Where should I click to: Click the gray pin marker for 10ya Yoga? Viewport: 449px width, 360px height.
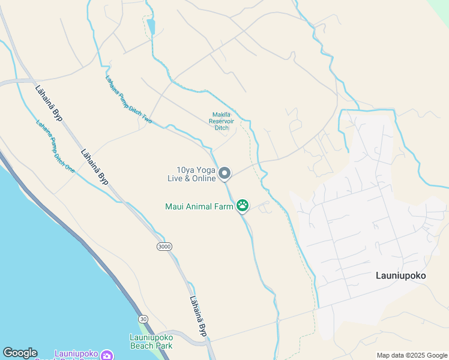(x=224, y=173)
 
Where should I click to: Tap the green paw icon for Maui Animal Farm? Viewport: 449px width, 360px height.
(x=243, y=206)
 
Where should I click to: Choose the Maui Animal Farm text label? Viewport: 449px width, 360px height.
(x=199, y=207)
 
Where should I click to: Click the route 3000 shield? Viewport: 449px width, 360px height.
(x=163, y=247)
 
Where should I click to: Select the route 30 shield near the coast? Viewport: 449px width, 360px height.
(x=142, y=318)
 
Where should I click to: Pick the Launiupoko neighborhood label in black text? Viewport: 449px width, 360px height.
(x=400, y=276)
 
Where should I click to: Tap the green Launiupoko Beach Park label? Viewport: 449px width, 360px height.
(x=151, y=341)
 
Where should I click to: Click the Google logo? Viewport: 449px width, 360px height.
(x=20, y=353)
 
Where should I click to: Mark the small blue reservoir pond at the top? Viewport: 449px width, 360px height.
(x=151, y=27)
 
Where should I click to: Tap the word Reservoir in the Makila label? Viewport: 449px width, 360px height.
(x=221, y=121)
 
